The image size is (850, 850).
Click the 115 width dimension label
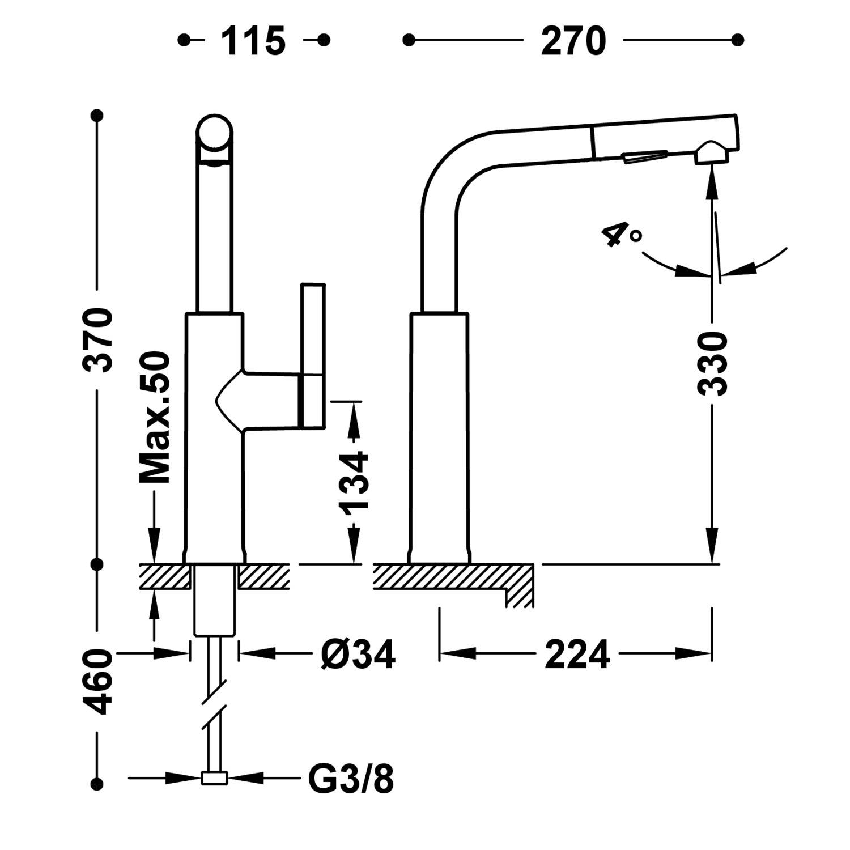[x=253, y=41]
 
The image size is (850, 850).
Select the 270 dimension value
[x=573, y=41]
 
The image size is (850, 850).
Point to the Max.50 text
[x=155, y=418]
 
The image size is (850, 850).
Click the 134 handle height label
[x=354, y=480]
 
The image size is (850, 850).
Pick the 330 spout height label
[x=712, y=364]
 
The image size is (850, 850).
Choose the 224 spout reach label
[x=577, y=654]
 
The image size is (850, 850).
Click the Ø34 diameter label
[x=358, y=654]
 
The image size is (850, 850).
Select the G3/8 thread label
[x=351, y=779]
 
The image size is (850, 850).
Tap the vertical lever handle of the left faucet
[x=313, y=355]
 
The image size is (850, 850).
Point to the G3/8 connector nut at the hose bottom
[x=214, y=779]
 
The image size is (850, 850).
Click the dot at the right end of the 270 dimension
[x=737, y=40]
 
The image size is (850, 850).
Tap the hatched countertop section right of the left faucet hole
[x=264, y=576]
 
